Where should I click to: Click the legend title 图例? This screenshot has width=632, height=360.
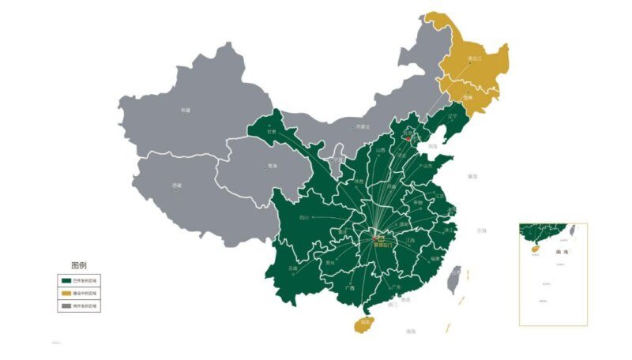(79, 265)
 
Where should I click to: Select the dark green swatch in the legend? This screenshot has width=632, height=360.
(66, 280)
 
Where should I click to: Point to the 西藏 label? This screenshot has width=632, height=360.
(177, 186)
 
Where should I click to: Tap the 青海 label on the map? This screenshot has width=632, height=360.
(273, 167)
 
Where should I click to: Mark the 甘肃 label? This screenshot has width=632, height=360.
(272, 132)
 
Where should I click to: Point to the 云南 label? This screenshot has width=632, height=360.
(293, 268)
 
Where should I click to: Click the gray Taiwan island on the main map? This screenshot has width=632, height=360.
(455, 279)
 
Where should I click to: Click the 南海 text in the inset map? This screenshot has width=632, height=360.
(540, 252)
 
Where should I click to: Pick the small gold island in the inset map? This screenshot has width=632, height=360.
(532, 247)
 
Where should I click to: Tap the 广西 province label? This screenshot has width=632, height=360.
(349, 288)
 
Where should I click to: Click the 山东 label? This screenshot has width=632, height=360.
(427, 166)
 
